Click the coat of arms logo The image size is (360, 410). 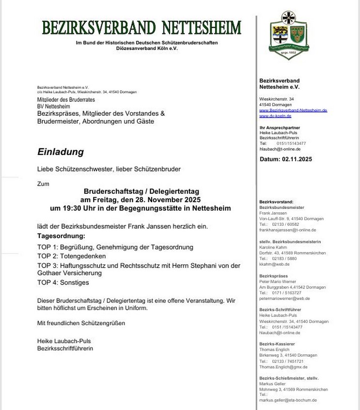[x=288, y=35]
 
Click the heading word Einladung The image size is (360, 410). [x=61, y=152]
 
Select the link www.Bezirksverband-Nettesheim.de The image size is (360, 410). [x=293, y=110]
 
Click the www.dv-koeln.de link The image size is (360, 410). [x=275, y=116]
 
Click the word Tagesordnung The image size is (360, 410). [x=61, y=236]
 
